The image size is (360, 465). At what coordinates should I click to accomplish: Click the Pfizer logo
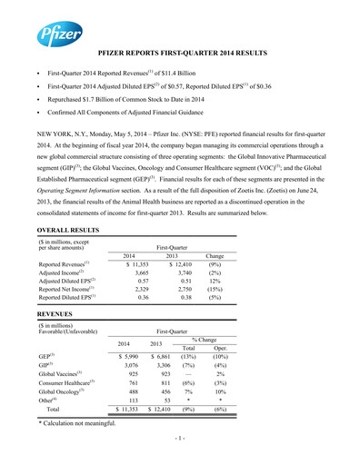(56, 36)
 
